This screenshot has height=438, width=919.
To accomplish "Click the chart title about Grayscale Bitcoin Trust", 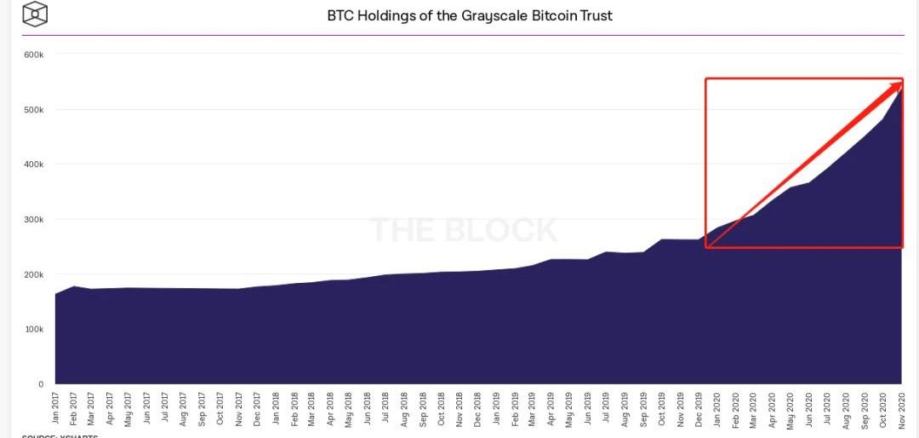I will (470, 15).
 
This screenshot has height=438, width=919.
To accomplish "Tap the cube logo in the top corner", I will (35, 14).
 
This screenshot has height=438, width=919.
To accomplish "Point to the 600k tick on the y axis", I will (33, 55).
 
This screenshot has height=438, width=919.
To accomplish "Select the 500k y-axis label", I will (33, 110).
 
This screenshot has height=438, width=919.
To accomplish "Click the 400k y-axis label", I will (33, 164).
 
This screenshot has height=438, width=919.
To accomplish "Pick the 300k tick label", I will (33, 220).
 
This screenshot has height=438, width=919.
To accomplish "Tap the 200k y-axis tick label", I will (33, 274).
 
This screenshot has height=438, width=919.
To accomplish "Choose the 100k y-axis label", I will (33, 330).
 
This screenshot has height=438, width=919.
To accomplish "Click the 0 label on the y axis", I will (40, 384).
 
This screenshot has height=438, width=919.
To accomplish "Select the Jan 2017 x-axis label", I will (55, 407).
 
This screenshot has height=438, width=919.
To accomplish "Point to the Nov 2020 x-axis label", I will (901, 407).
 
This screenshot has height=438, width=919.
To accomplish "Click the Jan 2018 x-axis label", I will (276, 407).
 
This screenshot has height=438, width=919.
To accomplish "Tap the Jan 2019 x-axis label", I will (497, 407).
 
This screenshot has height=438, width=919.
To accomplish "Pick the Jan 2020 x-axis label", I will (717, 407).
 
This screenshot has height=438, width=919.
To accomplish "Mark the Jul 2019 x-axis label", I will (607, 407).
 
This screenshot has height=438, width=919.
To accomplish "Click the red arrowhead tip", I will (901, 83).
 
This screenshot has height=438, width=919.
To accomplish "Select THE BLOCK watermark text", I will (464, 230).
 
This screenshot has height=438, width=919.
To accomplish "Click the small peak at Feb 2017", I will (74, 286).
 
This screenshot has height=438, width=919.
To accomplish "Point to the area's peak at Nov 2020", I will (900, 84).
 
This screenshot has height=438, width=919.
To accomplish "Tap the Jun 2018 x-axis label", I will (368, 407).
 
